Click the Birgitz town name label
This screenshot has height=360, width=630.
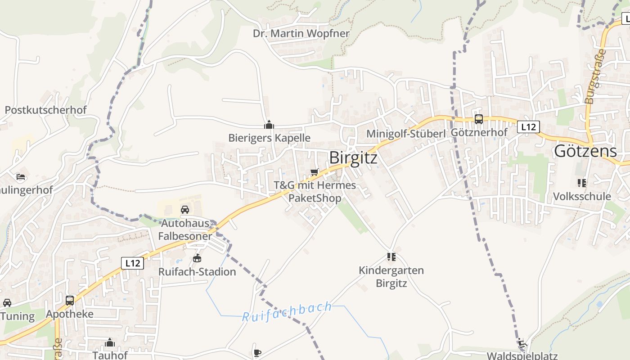[x=353, y=157]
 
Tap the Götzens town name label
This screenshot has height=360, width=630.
[x=585, y=151]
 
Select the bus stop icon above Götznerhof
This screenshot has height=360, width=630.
[x=479, y=119]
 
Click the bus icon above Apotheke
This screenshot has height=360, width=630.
[x=70, y=300]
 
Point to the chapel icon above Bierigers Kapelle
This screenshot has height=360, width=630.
[x=269, y=125]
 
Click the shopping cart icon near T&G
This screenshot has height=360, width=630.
[x=315, y=172]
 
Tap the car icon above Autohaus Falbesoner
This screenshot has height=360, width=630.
[x=184, y=209]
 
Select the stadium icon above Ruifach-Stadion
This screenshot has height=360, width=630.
[x=197, y=258]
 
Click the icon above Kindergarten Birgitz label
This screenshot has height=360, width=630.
[x=391, y=257]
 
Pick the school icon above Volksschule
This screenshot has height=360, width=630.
[x=581, y=183]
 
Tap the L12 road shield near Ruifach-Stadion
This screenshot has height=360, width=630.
[x=132, y=263]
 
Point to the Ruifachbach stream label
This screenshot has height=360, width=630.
[x=287, y=312]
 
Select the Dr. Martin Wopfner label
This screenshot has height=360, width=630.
[x=301, y=33]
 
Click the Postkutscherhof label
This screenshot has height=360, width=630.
[x=45, y=110]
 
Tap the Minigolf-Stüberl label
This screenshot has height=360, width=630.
[x=405, y=134]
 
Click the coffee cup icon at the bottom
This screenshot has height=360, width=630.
[x=257, y=352]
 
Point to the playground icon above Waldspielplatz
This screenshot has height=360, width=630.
[x=522, y=343]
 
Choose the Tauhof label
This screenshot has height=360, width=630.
[x=110, y=355]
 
